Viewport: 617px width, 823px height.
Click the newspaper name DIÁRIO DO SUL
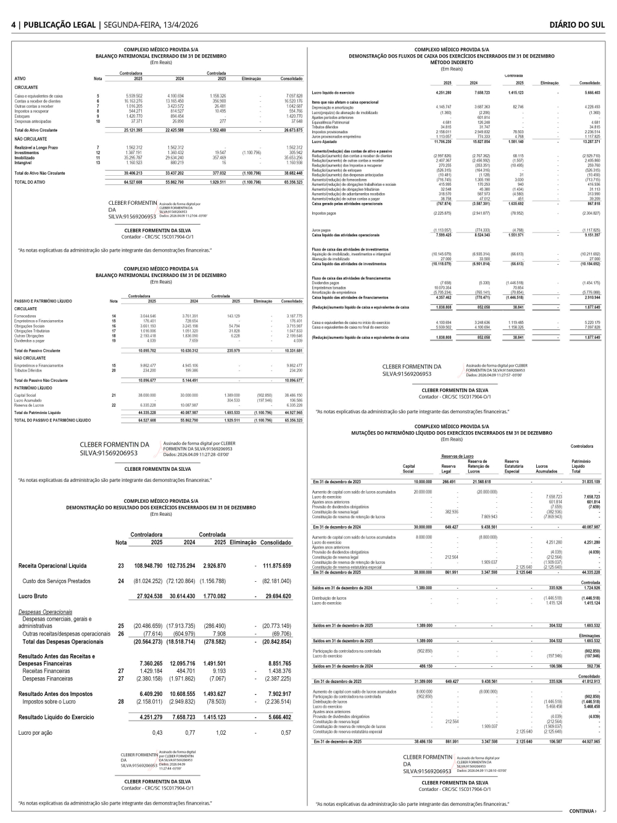pos(577,25)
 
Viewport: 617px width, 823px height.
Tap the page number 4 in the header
pos(14,25)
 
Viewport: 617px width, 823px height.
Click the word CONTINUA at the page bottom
pos(582,811)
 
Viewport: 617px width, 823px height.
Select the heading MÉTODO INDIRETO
pos(452,62)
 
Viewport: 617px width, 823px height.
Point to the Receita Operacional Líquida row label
pos(52,566)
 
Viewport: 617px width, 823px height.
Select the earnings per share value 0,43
pos(157,733)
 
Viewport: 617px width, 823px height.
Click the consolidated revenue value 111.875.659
pos(276,566)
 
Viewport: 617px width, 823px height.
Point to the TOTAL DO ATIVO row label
pos(30,183)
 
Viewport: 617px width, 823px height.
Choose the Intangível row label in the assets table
pos(24,163)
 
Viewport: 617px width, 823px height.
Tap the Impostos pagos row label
pos(324,213)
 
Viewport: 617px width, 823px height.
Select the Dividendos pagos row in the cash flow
pos(326,283)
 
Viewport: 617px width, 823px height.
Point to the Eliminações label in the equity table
pos(589,635)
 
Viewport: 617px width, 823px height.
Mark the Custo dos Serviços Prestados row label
pos(56,581)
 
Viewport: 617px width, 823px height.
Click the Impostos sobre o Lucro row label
pos(49,701)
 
